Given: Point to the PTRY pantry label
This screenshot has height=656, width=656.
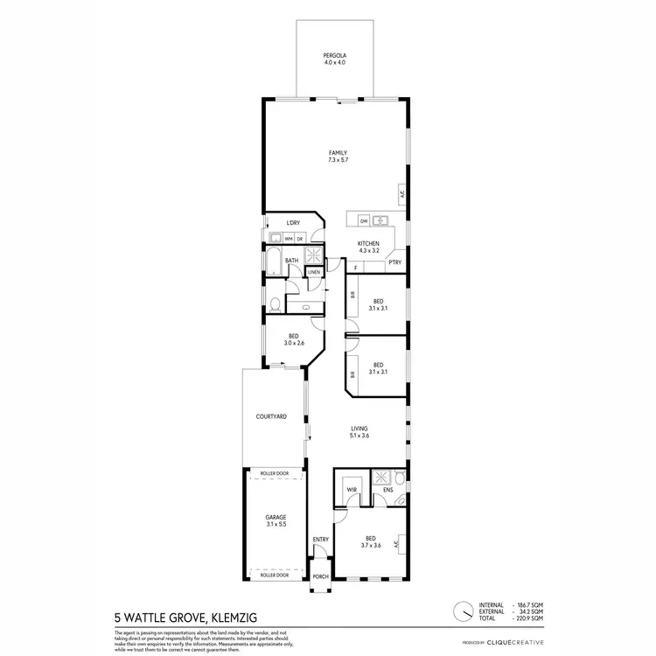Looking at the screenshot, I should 394,262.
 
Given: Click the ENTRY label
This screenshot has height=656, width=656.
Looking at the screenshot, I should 321,539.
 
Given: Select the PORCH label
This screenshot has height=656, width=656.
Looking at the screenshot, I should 321,576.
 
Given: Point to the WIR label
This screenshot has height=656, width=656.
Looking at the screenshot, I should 352,489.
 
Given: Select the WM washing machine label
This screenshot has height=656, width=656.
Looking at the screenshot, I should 288,239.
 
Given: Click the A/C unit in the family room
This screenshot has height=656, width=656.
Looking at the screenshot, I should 401,194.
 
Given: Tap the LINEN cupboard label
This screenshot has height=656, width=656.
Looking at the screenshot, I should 313,272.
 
